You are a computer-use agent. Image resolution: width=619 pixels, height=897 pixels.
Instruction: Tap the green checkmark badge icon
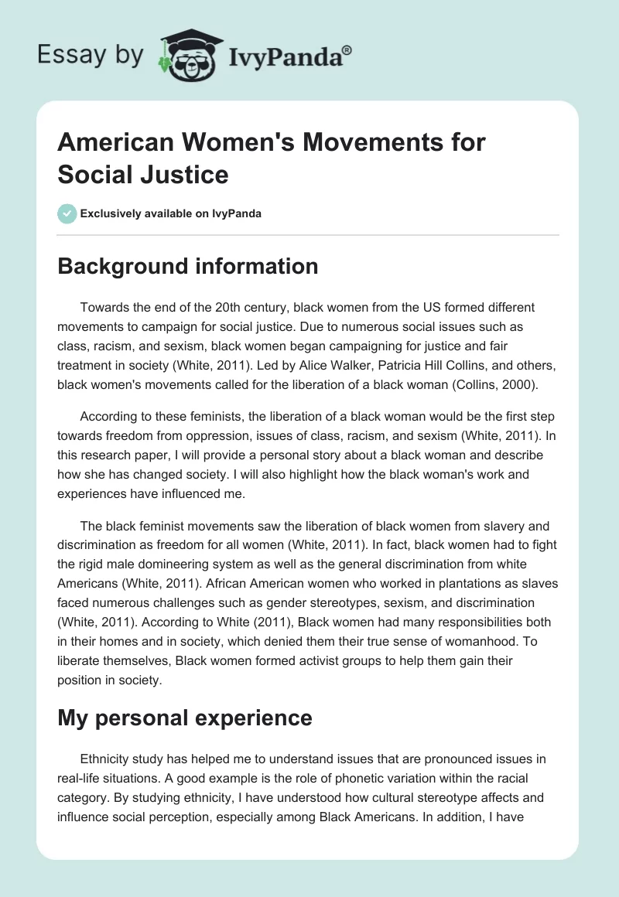click(67, 213)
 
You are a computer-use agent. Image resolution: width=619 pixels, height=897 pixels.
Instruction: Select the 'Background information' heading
click(188, 267)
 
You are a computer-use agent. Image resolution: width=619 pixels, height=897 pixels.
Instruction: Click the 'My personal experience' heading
click(185, 718)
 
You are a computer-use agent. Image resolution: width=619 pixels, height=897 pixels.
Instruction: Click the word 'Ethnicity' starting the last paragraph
click(106, 759)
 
